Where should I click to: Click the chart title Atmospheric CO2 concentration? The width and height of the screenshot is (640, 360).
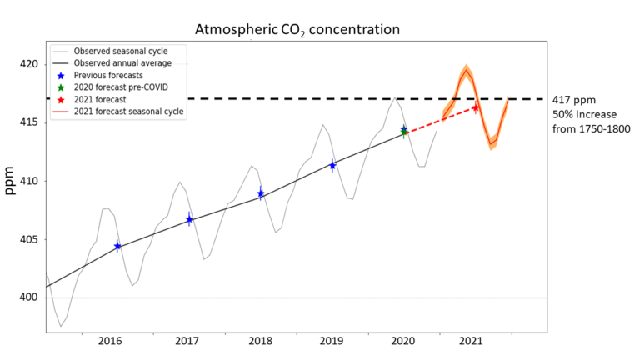pyautogui.click(x=297, y=30)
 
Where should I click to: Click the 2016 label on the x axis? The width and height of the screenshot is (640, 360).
pyautogui.click(x=111, y=341)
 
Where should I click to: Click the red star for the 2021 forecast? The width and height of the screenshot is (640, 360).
pyautogui.click(x=475, y=108)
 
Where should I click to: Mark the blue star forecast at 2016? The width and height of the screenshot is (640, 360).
pyautogui.click(x=117, y=246)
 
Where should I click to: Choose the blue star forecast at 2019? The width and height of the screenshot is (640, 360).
pyautogui.click(x=332, y=165)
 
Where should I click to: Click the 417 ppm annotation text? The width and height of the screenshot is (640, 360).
pyautogui.click(x=573, y=99)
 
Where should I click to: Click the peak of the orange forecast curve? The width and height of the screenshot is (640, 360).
pyautogui.click(x=467, y=70)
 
